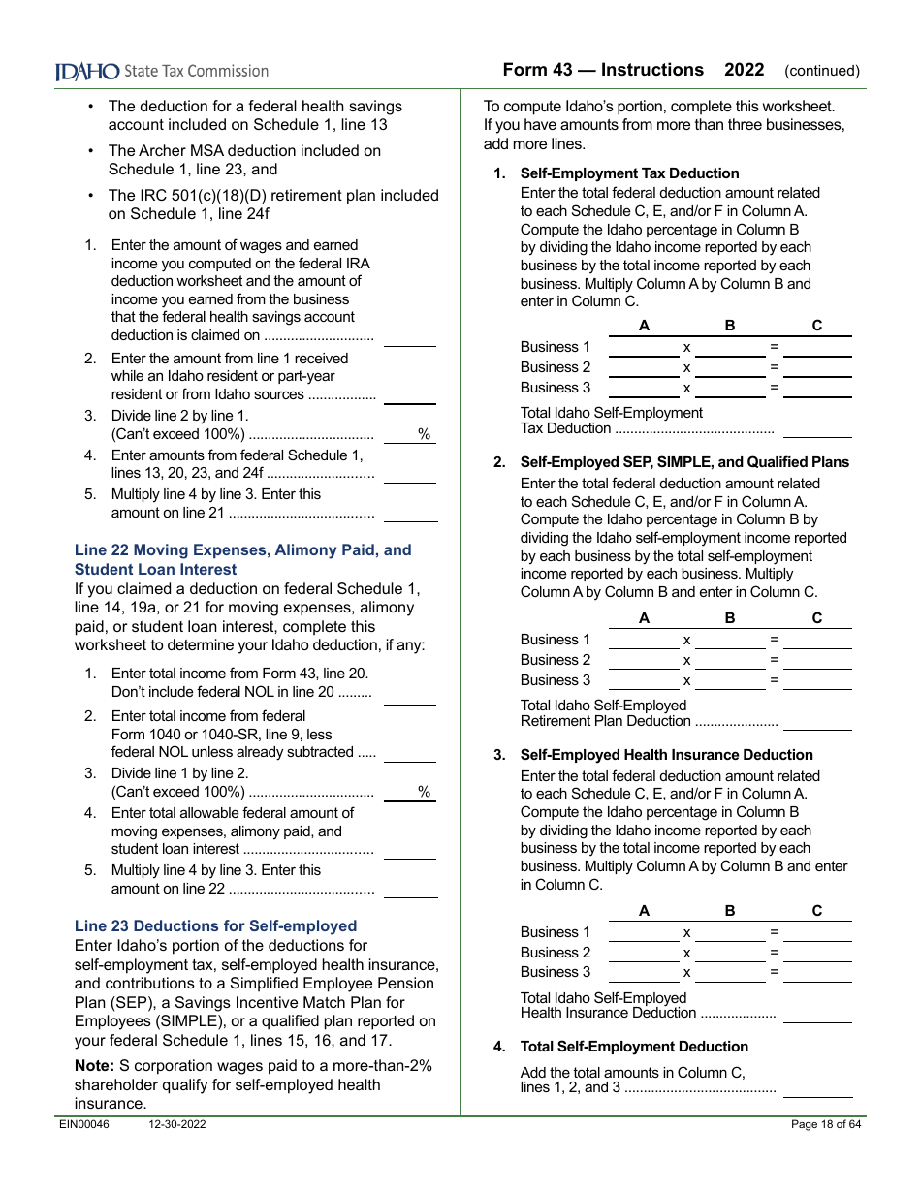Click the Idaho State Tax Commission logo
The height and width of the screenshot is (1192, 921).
coord(162,71)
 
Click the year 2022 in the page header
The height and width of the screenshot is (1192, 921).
coord(744,70)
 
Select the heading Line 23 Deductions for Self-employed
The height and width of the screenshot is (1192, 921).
coord(215,925)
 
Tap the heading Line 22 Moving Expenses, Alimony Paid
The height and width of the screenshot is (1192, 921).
coord(242,549)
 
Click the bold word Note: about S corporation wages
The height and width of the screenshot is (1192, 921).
coord(94,1066)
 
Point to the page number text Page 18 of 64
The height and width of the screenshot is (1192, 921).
coord(825,1124)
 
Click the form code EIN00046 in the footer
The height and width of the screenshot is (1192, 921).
coord(84,1124)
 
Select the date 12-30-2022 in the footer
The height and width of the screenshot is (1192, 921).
coord(177,1124)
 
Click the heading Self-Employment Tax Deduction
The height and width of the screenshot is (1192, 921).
coord(629,173)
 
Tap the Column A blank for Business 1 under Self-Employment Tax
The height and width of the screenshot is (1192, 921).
coord(644,349)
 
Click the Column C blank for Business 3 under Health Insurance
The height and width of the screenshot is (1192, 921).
coord(817,974)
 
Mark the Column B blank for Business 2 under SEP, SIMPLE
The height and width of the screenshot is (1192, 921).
coord(730,662)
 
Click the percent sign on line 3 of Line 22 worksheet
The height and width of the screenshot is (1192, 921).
coord(424,792)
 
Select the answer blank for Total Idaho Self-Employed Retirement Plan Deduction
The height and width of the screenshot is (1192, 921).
coord(817,722)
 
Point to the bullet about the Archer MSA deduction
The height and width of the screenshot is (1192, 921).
coord(244,160)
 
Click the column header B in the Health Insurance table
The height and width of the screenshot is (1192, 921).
coord(730,911)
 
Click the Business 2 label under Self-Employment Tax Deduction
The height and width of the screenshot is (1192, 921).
coord(556,367)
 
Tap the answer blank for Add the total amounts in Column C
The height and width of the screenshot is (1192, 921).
coord(817,1089)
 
